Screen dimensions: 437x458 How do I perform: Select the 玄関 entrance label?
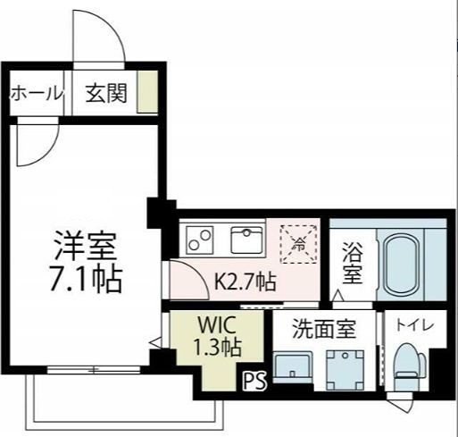point(106,93)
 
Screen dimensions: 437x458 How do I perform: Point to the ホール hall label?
point(36,93)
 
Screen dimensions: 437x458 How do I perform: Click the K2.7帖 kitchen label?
point(244,282)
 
